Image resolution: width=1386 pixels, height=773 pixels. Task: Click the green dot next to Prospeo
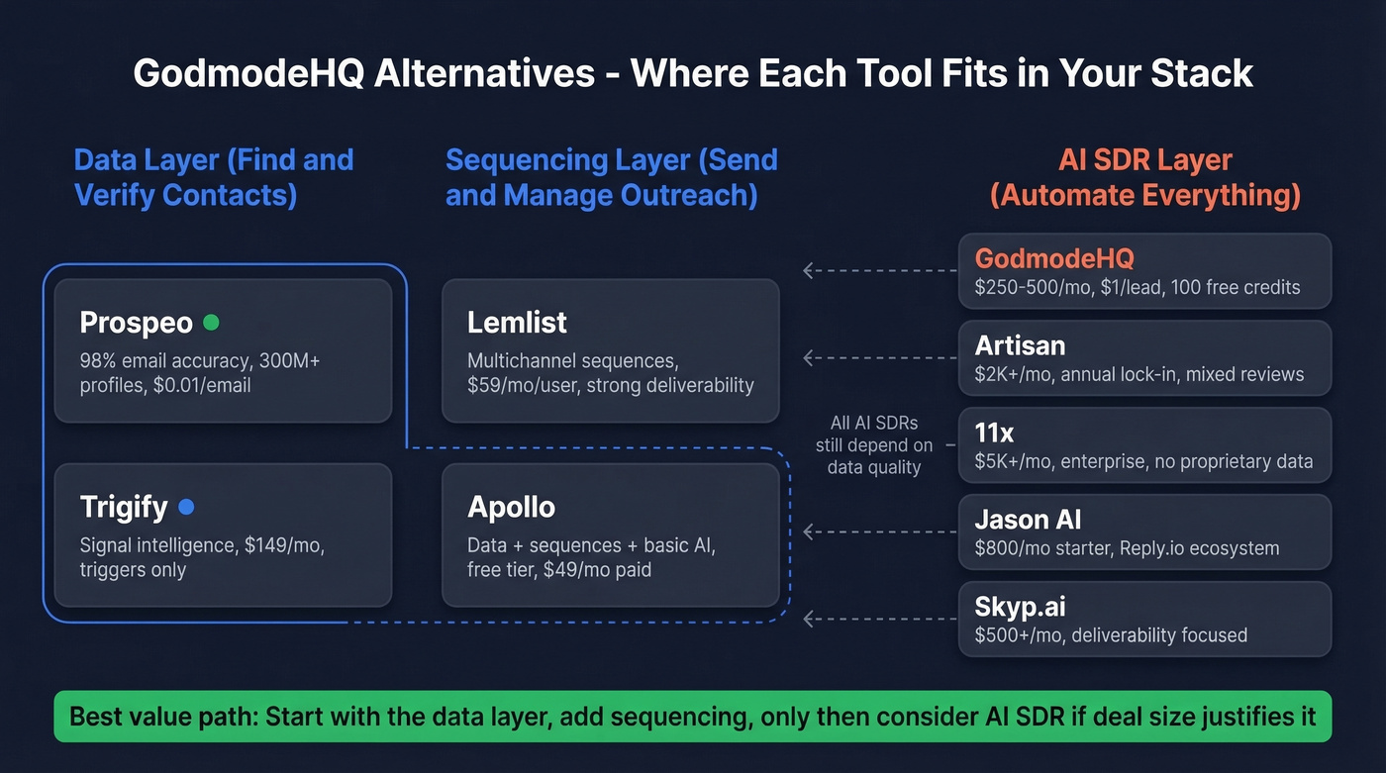[x=210, y=323]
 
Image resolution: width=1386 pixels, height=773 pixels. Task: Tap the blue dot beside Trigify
[x=185, y=508]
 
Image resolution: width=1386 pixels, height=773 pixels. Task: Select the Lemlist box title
[x=517, y=323]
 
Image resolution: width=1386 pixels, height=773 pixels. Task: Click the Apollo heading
[x=511, y=508]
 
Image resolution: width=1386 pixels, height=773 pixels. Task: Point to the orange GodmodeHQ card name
[x=1054, y=259]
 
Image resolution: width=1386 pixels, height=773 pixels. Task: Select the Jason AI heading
[x=1026, y=520]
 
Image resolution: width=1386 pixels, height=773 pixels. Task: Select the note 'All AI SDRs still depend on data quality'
[x=873, y=444]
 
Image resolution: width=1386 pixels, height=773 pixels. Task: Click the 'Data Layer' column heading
[x=213, y=177]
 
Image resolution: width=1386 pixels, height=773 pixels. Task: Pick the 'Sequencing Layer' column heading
[x=611, y=177]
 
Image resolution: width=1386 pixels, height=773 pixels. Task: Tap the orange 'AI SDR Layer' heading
[x=1144, y=177]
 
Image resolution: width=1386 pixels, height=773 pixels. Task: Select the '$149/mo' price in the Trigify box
[x=282, y=546]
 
